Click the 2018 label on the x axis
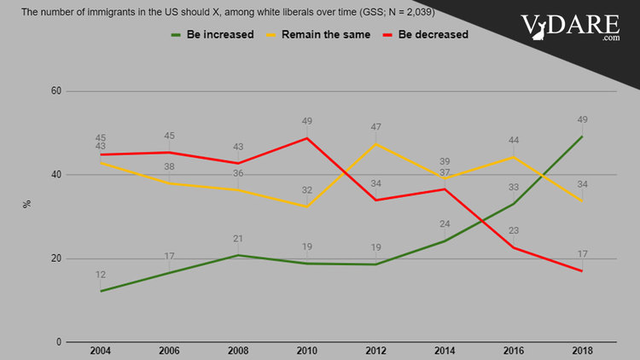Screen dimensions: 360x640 [582, 351]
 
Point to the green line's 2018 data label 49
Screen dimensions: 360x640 [582, 120]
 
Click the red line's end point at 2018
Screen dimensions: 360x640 [582, 271]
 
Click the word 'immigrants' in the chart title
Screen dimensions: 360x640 [102, 13]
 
